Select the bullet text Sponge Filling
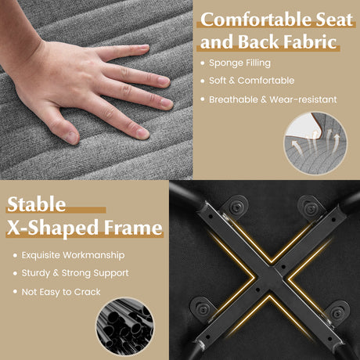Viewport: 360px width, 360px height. (x=239, y=63)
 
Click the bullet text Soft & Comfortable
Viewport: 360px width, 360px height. (x=251, y=81)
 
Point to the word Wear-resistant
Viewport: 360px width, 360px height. (x=303, y=99)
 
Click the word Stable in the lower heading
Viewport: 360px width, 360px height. (x=36, y=204)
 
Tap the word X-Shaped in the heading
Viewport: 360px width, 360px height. (x=52, y=228)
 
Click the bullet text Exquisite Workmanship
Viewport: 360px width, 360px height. (x=73, y=255)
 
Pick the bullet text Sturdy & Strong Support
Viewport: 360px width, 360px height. (x=75, y=273)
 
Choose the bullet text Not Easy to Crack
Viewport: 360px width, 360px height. (x=61, y=292)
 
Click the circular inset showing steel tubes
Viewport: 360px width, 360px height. (x=125, y=327)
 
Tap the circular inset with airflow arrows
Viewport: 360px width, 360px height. (x=315, y=143)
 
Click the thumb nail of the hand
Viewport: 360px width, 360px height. (x=72, y=137)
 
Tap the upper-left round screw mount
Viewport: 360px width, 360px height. (x=236, y=207)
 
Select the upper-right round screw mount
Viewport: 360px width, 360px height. (x=311, y=208)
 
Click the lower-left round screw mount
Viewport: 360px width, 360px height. (x=203, y=309)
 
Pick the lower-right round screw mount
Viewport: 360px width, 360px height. (x=337, y=313)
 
